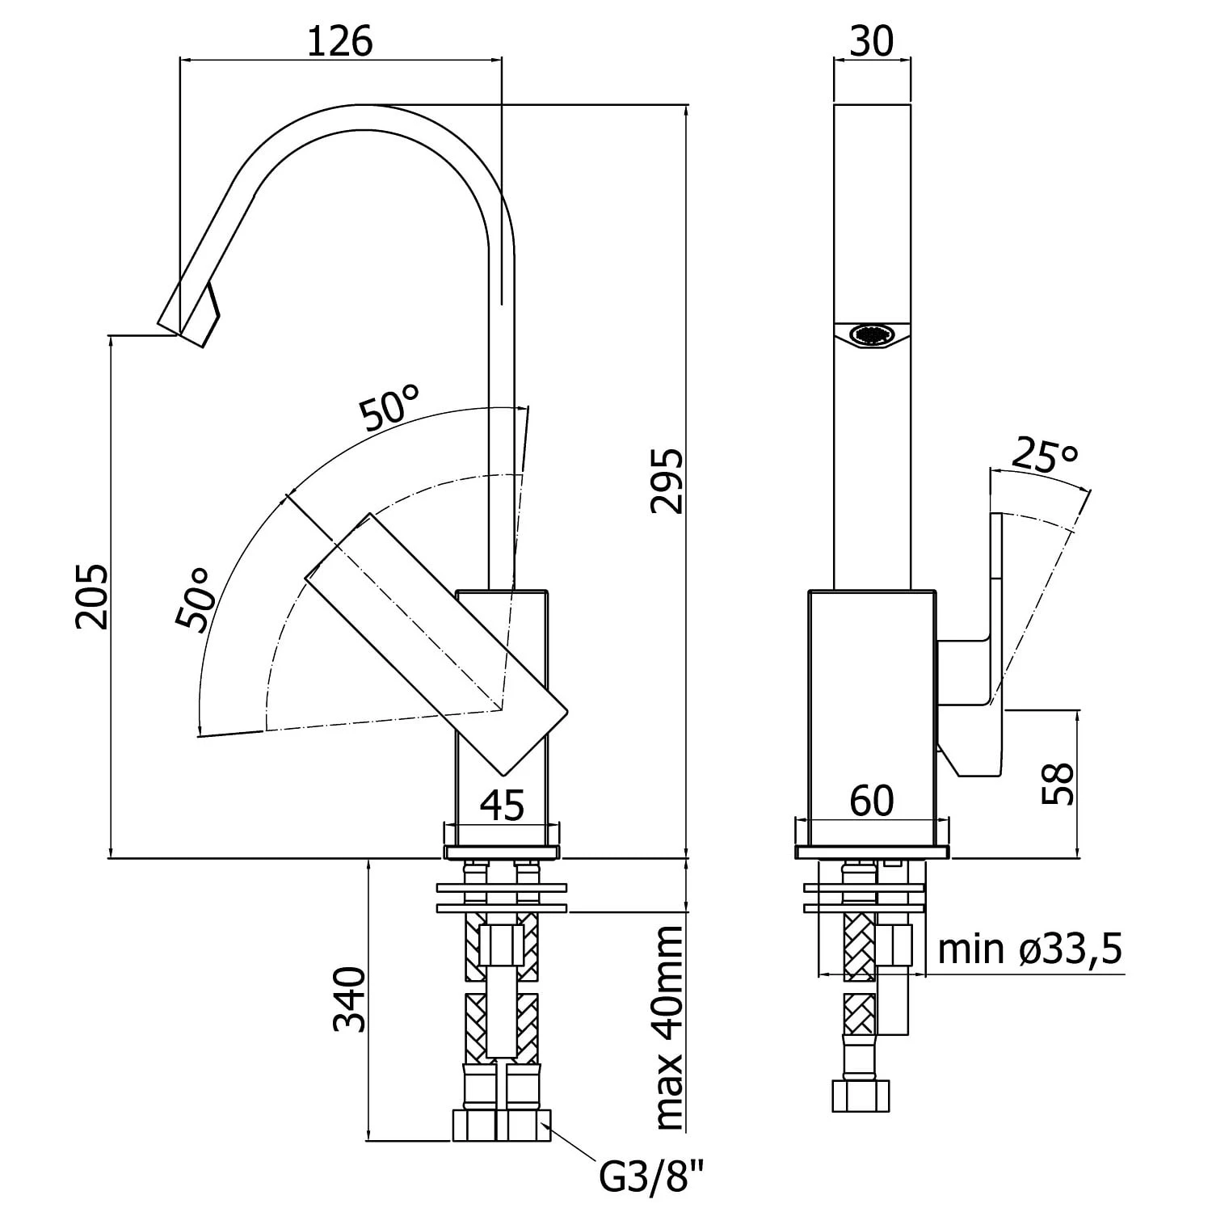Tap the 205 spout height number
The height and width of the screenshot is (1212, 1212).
(x=90, y=596)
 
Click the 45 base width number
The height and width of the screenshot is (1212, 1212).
(x=503, y=805)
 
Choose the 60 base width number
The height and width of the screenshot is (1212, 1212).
(x=872, y=801)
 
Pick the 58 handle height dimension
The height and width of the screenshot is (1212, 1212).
(x=1057, y=783)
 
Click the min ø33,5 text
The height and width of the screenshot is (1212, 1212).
(x=1030, y=949)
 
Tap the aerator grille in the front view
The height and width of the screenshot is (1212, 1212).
(x=872, y=335)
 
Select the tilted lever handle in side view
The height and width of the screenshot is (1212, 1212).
(x=436, y=642)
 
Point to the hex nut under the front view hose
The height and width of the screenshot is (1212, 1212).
(x=861, y=1096)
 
